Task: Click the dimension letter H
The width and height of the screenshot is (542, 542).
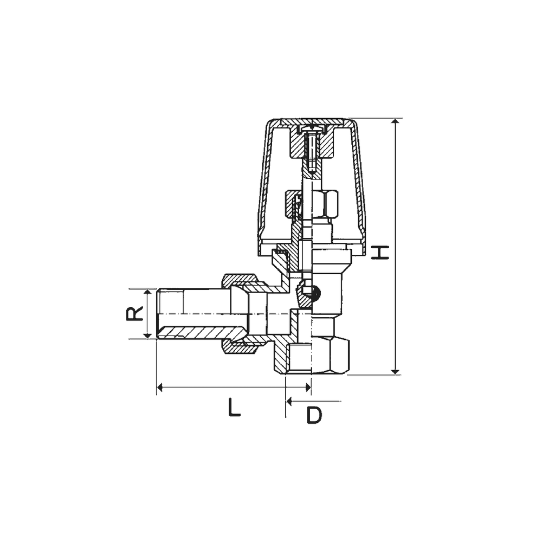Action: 380,253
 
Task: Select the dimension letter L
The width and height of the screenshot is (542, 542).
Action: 234,407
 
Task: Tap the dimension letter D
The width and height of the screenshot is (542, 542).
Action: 314,415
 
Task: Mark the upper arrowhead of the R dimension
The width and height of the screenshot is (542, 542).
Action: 147,293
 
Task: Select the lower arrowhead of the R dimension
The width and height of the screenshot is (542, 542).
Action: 147,334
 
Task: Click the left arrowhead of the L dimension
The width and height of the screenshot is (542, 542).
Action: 160,388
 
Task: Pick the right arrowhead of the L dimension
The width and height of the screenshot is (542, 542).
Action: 308,388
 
